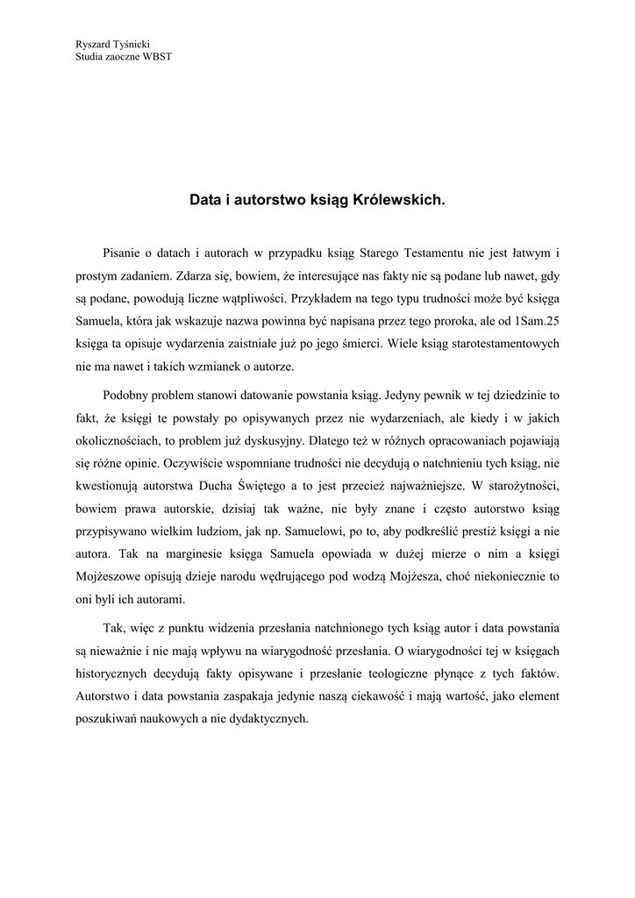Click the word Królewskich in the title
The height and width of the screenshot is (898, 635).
point(400,200)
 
